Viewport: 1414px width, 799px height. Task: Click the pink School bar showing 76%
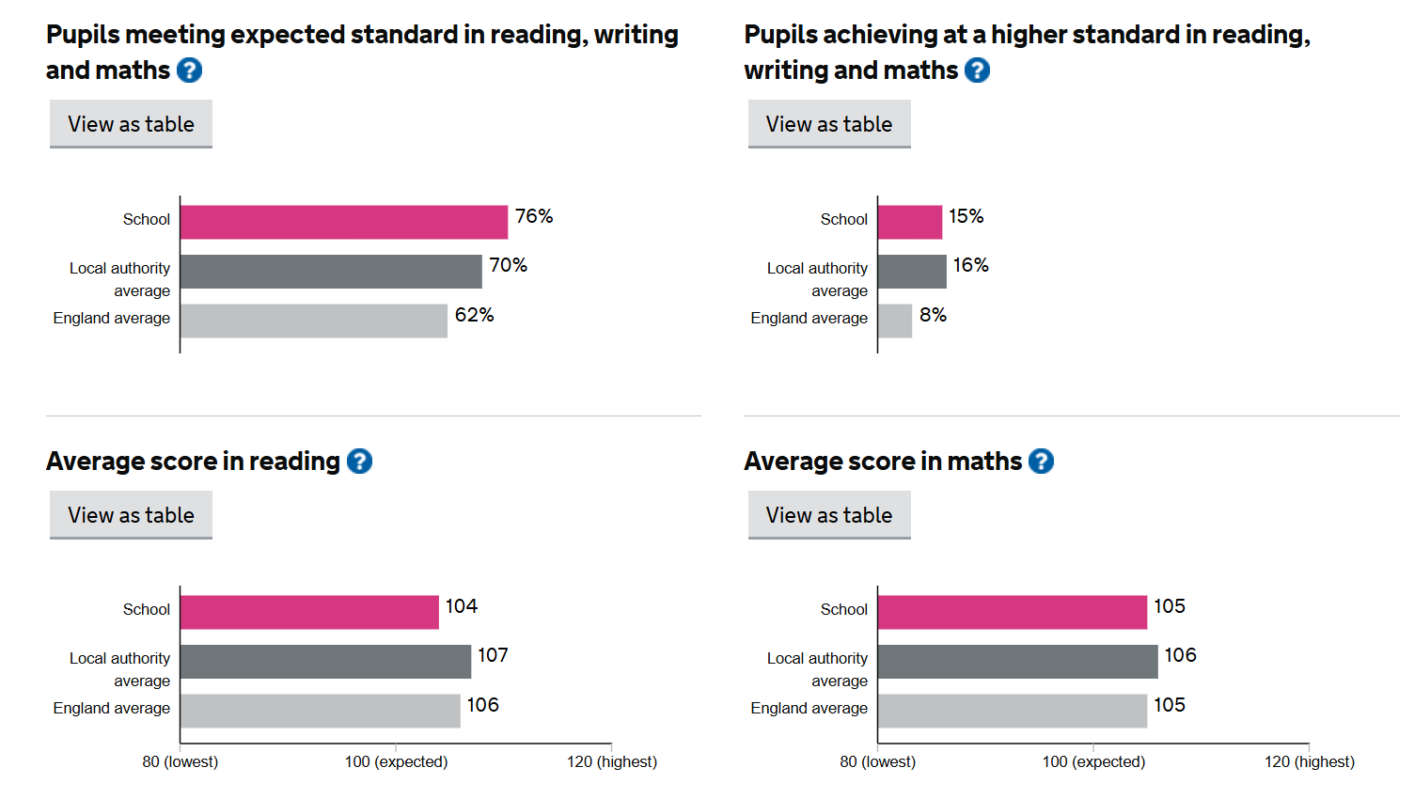[343, 223]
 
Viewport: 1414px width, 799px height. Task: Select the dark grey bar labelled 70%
[331, 272]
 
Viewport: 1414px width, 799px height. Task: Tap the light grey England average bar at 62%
[313, 321]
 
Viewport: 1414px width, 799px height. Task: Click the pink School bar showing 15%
[909, 223]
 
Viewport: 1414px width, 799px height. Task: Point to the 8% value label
[933, 315]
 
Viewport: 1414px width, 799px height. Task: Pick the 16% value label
[970, 266]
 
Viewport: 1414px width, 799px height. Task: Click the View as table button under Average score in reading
[131, 515]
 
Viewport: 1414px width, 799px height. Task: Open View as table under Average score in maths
[828, 515]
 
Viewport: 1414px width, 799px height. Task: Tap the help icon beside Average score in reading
[359, 462]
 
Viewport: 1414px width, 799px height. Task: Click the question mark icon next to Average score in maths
[1041, 462]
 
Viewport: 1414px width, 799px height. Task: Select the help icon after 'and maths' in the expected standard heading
[189, 70]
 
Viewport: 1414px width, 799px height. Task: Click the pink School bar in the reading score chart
[309, 612]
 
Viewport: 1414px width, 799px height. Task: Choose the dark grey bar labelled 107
[325, 661]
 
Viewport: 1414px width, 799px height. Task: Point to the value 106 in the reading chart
[482, 705]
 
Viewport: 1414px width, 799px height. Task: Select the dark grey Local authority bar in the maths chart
[1017, 661]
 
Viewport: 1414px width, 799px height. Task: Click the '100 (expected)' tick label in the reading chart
[396, 761]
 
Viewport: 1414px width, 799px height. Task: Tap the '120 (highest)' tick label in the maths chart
[1309, 761]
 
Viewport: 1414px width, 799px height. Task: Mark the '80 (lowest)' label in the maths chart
[877, 761]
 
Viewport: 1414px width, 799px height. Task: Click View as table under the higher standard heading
[828, 124]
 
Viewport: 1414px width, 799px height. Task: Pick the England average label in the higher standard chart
[809, 318]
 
